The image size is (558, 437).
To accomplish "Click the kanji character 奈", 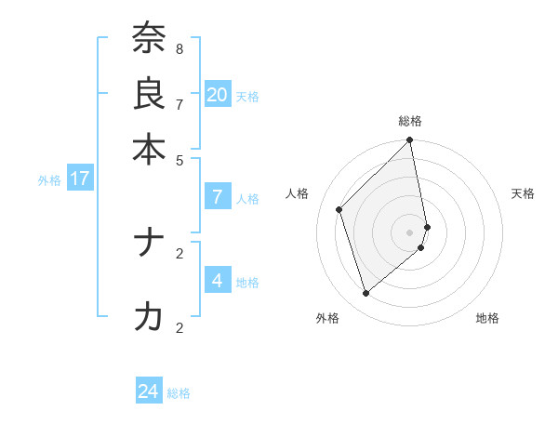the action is coord(149,39).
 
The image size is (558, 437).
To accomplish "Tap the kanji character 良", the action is coord(149,94).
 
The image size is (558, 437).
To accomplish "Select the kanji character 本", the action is coord(149,149).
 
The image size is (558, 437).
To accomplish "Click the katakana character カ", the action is coord(149,318).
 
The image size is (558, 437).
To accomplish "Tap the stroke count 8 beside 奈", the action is coord(179,48).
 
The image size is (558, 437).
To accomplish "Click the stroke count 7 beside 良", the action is coord(179,103).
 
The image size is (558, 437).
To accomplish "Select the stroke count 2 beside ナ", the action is coord(179,252).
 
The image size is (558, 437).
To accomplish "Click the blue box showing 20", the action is coord(218,95).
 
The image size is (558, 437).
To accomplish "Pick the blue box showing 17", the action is coord(80,179).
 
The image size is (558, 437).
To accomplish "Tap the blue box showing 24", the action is coord(149,391).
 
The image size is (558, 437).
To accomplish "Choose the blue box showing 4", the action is coord(218,280).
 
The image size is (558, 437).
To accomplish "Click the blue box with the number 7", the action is coord(218,197).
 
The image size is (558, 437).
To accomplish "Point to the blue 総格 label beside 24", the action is coord(179,393).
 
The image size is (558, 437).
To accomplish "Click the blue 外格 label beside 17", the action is coord(49,180).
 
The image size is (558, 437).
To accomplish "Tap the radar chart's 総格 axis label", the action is coord(410,121).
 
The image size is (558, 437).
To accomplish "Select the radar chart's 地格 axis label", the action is coord(487,318).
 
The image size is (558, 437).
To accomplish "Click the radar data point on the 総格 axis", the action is coord(410,141).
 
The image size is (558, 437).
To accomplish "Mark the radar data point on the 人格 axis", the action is coord(339,209).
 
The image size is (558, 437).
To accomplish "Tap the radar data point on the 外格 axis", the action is coord(366,293).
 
